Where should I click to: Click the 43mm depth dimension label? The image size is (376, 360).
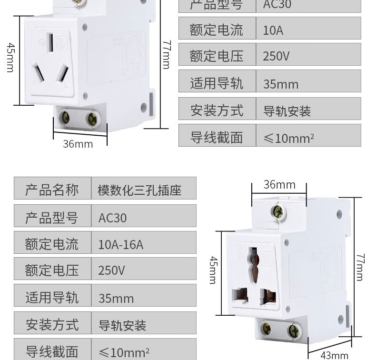(x=334, y=355)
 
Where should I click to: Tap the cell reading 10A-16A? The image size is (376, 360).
(x=120, y=244)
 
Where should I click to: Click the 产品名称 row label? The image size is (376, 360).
(x=52, y=190)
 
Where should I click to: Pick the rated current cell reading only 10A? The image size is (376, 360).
(x=273, y=30)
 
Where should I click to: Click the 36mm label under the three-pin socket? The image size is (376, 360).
(x=78, y=143)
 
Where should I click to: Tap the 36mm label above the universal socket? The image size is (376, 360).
(x=279, y=184)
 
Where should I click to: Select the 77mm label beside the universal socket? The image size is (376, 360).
(x=360, y=267)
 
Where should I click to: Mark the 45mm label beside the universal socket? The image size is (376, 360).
(x=213, y=270)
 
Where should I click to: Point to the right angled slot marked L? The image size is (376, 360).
(x=60, y=74)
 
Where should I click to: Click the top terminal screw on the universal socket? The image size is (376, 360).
(x=277, y=212)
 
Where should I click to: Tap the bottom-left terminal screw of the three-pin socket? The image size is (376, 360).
(x=65, y=118)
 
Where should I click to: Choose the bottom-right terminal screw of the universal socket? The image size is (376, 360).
(x=293, y=331)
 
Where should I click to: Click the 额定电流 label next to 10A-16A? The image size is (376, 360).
(x=52, y=244)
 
